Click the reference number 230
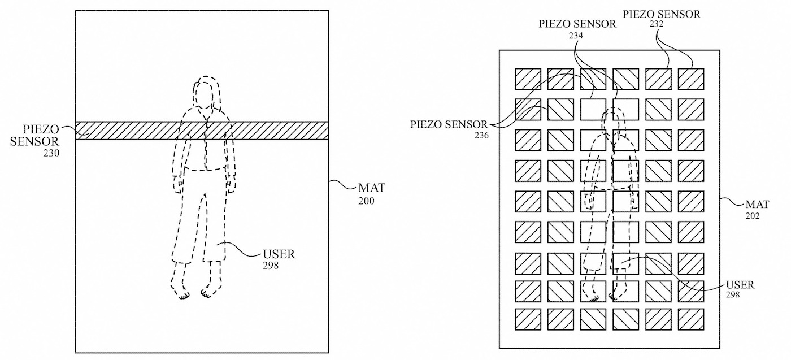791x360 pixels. [x=51, y=153]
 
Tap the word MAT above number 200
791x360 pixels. [x=372, y=188]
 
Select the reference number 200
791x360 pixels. [x=366, y=201]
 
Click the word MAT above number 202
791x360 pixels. [x=757, y=204]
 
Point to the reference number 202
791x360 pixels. [x=753, y=216]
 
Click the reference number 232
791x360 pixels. [x=657, y=24]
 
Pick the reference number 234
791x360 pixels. [x=576, y=36]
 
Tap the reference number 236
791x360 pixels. [x=481, y=135]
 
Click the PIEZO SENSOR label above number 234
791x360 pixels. [x=577, y=24]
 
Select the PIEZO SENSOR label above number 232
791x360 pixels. [x=662, y=14]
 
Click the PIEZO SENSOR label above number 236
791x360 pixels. [x=449, y=124]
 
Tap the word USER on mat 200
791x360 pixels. [x=279, y=254]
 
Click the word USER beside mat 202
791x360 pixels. [x=740, y=285]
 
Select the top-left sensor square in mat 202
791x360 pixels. [x=528, y=79]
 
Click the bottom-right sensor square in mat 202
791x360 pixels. [x=690, y=319]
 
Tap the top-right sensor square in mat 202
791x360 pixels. [x=690, y=79]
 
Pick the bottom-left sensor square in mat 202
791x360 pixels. [x=528, y=319]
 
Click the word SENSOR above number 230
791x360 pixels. [x=34, y=141]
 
